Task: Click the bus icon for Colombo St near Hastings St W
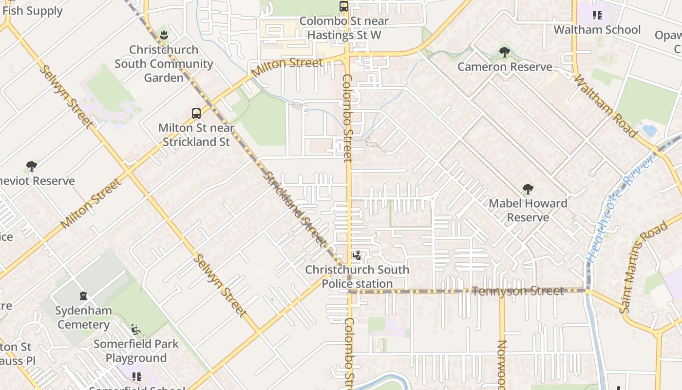pyautogui.click(x=344, y=6)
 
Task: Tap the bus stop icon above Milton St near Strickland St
pyautogui.click(x=196, y=114)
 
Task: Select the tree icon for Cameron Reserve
pyautogui.click(x=505, y=52)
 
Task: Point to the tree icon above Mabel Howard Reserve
pyautogui.click(x=528, y=189)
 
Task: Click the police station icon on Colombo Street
pyautogui.click(x=357, y=255)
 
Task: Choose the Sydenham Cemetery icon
pyautogui.click(x=83, y=296)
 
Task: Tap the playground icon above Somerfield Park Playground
pyautogui.click(x=136, y=330)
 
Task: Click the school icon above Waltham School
pyautogui.click(x=597, y=15)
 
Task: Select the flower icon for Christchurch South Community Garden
pyautogui.click(x=164, y=35)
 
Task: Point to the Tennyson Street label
pyautogui.click(x=518, y=291)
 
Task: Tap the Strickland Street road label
pyautogui.click(x=295, y=208)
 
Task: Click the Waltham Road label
pyautogui.click(x=606, y=106)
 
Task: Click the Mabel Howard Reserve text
pyautogui.click(x=528, y=210)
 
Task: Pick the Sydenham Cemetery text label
pyautogui.click(x=83, y=317)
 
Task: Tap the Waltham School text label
pyautogui.click(x=597, y=30)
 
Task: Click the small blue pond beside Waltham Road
pyautogui.click(x=649, y=131)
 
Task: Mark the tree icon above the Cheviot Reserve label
pyautogui.click(x=32, y=166)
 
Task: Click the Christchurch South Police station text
pyautogui.click(x=357, y=276)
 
